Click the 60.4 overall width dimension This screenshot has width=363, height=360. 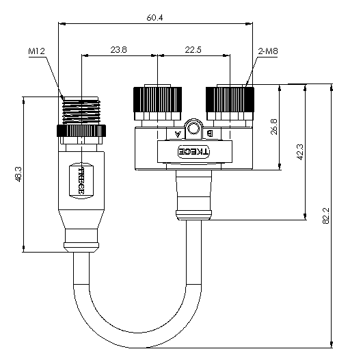tap(154, 18)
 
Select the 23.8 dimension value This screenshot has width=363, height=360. tap(118, 49)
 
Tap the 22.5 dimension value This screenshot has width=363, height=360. tap(193, 49)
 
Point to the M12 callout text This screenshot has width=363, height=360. tap(36, 51)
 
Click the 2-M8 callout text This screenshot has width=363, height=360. tap(268, 51)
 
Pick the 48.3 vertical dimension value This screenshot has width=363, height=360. tap(18, 174)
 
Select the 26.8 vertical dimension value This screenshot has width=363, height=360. tap(274, 127)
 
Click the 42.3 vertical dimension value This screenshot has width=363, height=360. tap(300, 152)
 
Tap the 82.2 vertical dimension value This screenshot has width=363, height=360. tap(325, 216)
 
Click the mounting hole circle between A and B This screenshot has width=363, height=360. tap(193, 129)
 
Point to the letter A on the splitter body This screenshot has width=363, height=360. tap(177, 134)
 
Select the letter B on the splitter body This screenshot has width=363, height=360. tap(209, 133)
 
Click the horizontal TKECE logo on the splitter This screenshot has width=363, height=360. tap(193, 152)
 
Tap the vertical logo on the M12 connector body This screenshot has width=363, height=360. tap(81, 181)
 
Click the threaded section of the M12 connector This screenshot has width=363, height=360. tap(81, 112)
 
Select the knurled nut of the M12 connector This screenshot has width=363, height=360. tap(81, 131)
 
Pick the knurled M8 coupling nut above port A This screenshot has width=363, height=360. tap(158, 99)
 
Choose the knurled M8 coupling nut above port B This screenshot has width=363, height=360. tap(230, 99)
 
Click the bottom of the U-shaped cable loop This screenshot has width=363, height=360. tap(137, 340)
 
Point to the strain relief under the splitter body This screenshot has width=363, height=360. tap(193, 195)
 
